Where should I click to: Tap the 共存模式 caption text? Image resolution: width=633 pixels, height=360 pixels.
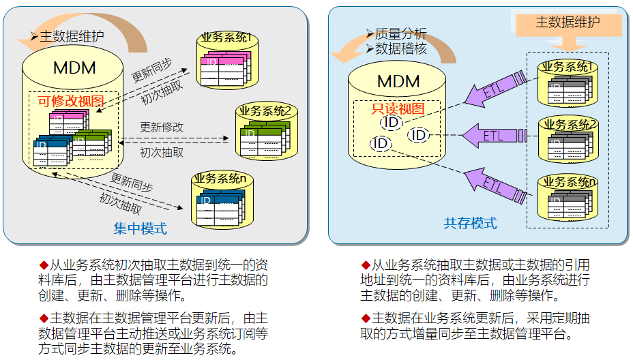470,223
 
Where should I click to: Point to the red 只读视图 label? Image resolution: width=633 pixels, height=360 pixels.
398,108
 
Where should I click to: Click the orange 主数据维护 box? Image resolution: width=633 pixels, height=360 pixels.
568,22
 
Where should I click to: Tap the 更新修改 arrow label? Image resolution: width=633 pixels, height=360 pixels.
162,127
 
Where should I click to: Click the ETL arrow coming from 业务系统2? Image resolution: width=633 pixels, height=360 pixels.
494,136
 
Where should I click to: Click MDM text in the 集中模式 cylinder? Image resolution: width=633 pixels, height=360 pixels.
74,68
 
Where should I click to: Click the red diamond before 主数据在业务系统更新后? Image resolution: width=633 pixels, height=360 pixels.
365,318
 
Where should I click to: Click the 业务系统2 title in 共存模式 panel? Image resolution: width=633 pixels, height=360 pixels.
568,124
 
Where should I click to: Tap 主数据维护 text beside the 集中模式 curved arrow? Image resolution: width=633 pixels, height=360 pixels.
72,36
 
